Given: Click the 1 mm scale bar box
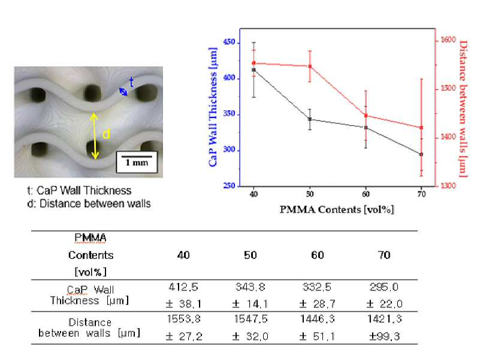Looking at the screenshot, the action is point(137,162).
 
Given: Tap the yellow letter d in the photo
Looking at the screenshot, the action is point(106,134).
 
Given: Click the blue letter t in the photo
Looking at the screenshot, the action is point(131,83).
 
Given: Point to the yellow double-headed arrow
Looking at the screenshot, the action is point(95,136).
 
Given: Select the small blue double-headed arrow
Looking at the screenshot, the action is point(123,92).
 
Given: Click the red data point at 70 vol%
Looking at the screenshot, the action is point(421,128).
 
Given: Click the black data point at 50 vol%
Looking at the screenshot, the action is point(310,119).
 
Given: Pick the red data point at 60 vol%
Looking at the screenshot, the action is point(366,116).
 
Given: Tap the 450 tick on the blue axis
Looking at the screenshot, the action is point(230,42).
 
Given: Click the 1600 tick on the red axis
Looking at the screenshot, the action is point(448,40).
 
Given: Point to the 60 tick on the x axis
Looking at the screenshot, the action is point(366,194).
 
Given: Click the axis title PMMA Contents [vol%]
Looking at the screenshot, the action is point(337,210).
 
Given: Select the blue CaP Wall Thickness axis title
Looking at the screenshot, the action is point(213,107).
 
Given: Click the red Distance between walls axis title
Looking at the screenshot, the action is point(463,109).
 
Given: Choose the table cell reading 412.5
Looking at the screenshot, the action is point(183,287).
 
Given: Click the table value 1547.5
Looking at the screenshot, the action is point(250,319).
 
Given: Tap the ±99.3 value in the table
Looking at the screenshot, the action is point(384,336).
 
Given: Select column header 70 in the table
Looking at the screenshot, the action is point(384,255).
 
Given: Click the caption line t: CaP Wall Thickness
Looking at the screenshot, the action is point(79,190).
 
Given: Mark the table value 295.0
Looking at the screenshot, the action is point(384,287).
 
